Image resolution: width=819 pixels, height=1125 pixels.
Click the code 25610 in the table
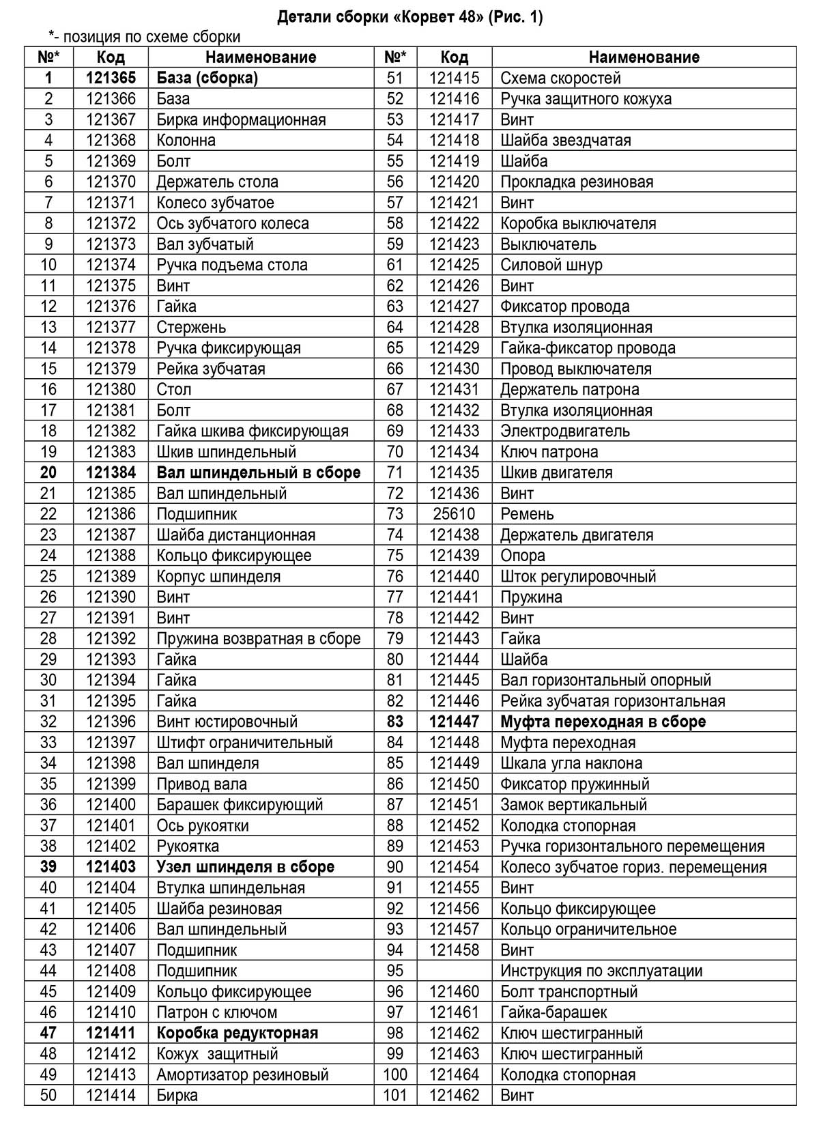pyautogui.click(x=454, y=514)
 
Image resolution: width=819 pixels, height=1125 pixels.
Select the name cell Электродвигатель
pyautogui.click(x=564, y=431)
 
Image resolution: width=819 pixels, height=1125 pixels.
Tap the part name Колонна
pyautogui.click(x=186, y=141)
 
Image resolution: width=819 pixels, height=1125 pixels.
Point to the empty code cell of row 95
pyautogui.click(x=454, y=971)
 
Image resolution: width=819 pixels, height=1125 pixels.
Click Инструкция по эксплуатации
pyautogui.click(x=601, y=971)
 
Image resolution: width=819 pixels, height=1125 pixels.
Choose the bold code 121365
pyautogui.click(x=111, y=79)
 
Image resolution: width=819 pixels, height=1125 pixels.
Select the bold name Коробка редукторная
pyautogui.click(x=238, y=1033)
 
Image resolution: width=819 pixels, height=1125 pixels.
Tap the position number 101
pyautogui.click(x=395, y=1095)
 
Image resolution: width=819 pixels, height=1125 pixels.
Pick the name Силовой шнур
pyautogui.click(x=551, y=265)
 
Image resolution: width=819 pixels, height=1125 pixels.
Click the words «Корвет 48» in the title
pyautogui.click(x=440, y=18)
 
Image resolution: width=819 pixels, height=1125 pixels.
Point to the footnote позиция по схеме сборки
pyautogui.click(x=152, y=37)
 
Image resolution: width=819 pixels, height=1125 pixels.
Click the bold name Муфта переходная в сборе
pyautogui.click(x=603, y=722)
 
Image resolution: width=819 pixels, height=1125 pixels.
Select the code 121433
pyautogui.click(x=454, y=431)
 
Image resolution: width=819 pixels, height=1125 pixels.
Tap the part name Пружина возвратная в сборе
pyautogui.click(x=258, y=639)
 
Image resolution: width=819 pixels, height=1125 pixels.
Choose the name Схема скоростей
pyautogui.click(x=560, y=79)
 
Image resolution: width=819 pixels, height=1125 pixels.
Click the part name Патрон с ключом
pyautogui.click(x=216, y=1012)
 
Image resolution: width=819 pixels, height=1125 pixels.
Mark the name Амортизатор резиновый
pyautogui.click(x=242, y=1074)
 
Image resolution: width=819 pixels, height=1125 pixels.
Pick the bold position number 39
pyautogui.click(x=48, y=867)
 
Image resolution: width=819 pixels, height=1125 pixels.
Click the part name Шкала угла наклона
pyautogui.click(x=571, y=763)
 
